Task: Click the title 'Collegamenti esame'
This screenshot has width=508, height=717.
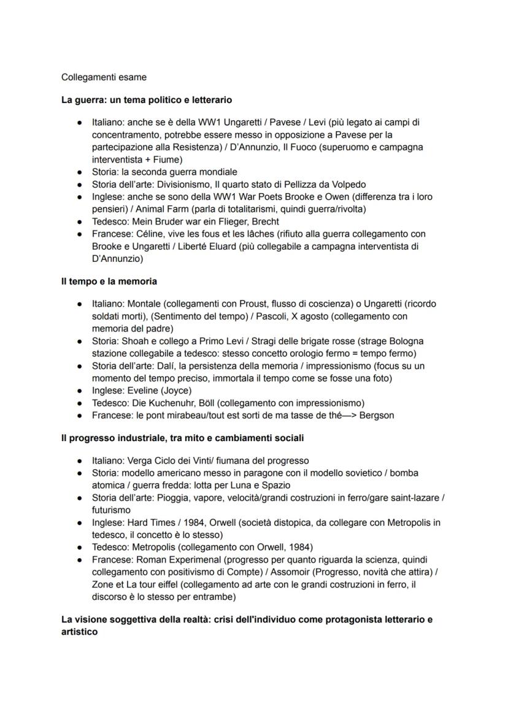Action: tap(104, 77)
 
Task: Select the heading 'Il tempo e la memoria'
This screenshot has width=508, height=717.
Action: tap(109, 281)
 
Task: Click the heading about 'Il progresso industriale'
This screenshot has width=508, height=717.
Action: tap(182, 438)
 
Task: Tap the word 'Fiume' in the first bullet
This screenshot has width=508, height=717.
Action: tap(150, 159)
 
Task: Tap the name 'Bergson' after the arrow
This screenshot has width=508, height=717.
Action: tap(375, 415)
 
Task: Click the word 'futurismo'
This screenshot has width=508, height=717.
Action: tap(111, 510)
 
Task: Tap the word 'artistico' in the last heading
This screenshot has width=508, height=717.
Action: tap(80, 631)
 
